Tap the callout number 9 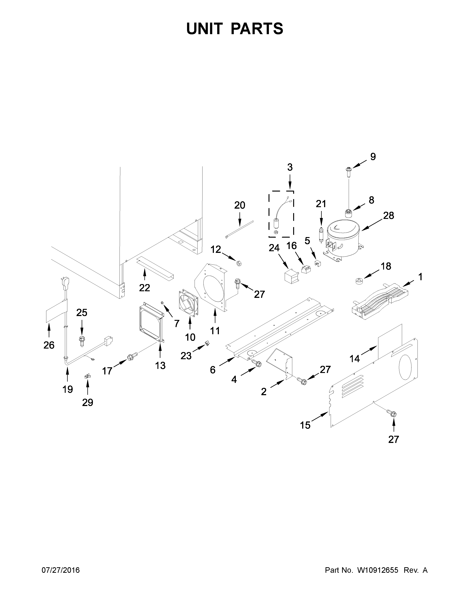click(x=373, y=157)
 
